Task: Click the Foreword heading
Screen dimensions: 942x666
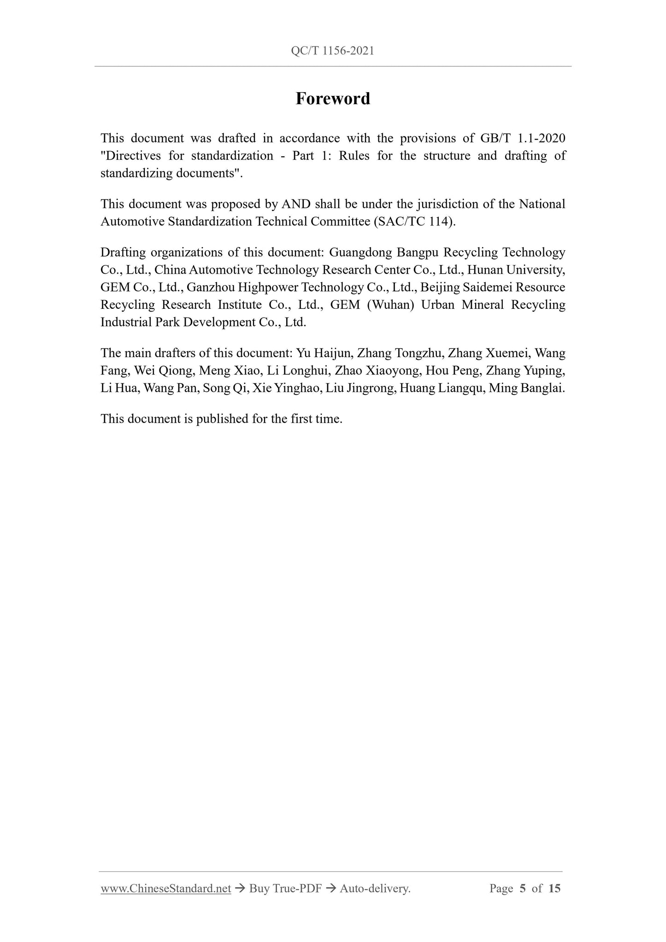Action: coord(333,99)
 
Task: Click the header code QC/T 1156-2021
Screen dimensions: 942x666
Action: coord(332,51)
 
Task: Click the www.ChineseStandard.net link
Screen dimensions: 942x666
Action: coord(165,889)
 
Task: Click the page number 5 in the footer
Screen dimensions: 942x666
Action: coord(522,889)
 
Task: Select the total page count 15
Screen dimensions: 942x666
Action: coord(554,889)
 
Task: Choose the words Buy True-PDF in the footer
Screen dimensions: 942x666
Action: coord(285,889)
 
